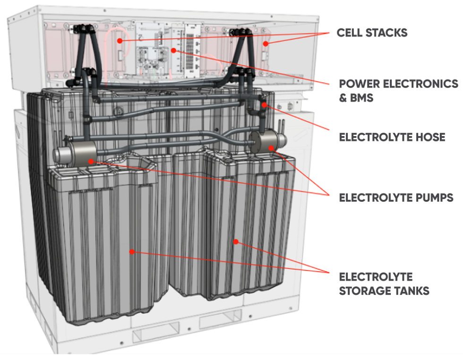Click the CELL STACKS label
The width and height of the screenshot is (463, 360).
pos(372,33)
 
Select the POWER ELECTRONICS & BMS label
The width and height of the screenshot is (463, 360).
pos(398,91)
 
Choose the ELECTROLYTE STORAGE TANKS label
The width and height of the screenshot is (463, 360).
pos(384,283)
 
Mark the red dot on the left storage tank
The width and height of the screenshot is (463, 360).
pos(132,251)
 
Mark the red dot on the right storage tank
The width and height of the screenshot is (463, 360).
pos(236,241)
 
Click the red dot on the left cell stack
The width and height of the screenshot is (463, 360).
pos(120,41)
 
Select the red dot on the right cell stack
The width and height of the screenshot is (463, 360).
pos(266,43)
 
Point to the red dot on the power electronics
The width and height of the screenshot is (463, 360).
pos(174,50)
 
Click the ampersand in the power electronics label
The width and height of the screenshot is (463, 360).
pos(343,97)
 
